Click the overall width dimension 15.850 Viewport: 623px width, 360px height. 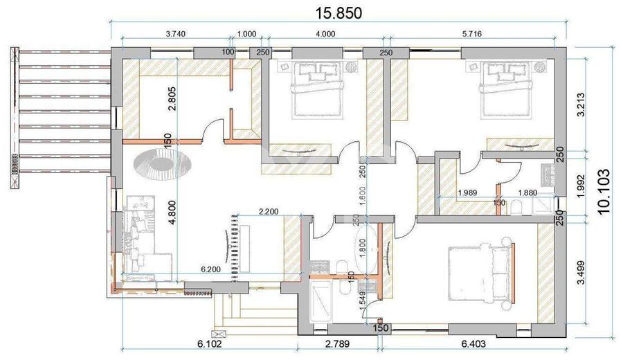(x=339, y=12)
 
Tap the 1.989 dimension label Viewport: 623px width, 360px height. (x=471, y=195)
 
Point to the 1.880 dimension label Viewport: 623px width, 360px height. (x=532, y=195)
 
